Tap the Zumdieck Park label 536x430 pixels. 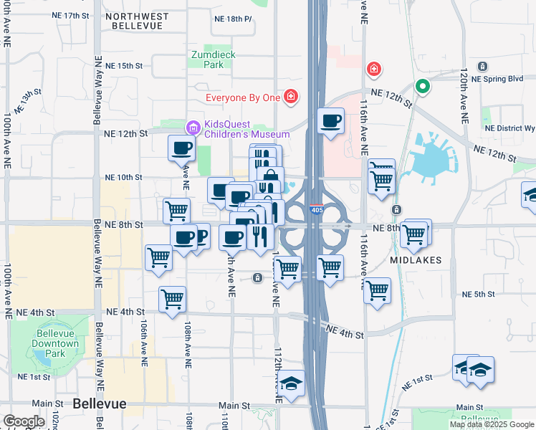click(x=212, y=59)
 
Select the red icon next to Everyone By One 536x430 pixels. click(x=290, y=96)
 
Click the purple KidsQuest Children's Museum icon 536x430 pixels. click(x=192, y=128)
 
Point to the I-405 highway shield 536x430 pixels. click(x=317, y=210)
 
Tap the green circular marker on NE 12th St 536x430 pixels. click(x=423, y=87)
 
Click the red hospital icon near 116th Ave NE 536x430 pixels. click(x=373, y=69)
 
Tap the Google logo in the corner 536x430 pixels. click(x=24, y=421)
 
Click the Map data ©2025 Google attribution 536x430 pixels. click(x=492, y=424)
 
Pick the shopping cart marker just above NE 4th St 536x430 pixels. click(x=172, y=299)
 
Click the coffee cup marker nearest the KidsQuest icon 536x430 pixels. click(x=181, y=148)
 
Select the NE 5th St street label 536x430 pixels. click(x=479, y=295)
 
